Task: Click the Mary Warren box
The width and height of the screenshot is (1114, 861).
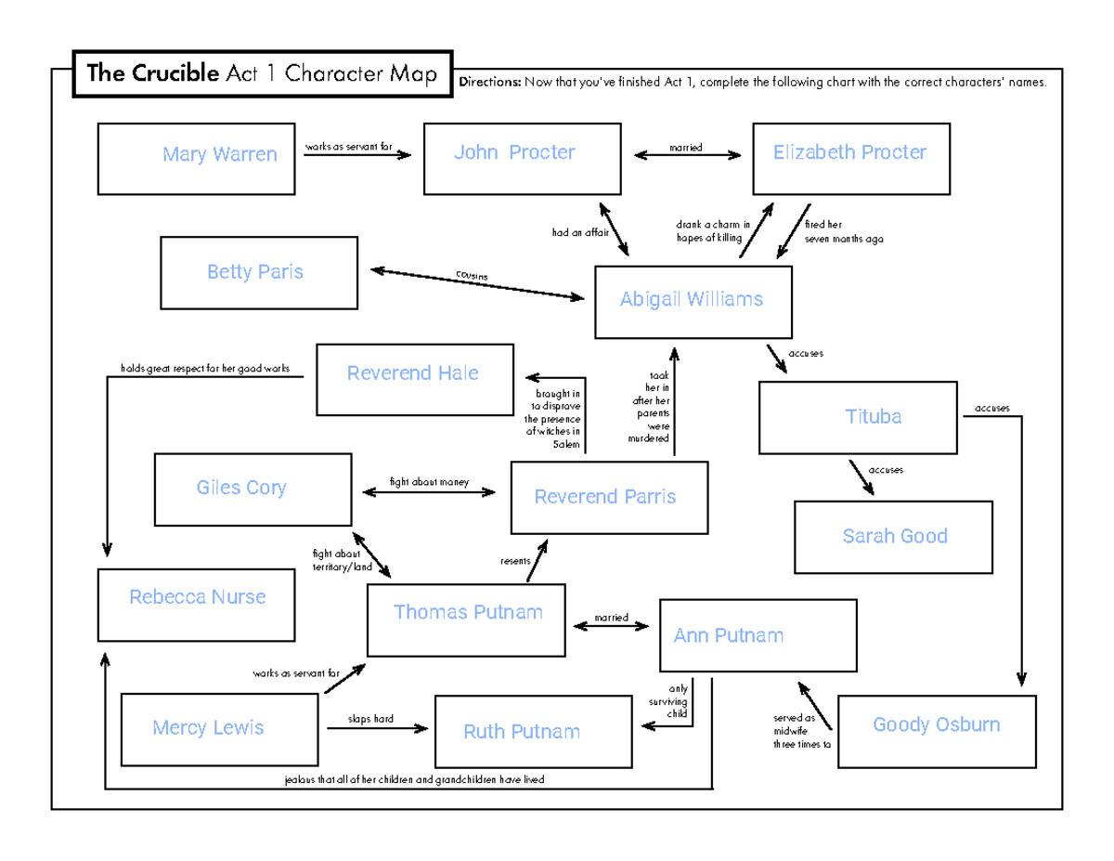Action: click(x=197, y=160)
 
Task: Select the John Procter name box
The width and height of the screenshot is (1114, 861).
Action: click(x=523, y=159)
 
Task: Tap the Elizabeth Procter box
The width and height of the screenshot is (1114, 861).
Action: click(x=851, y=159)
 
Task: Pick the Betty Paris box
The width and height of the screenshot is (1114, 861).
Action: click(x=259, y=272)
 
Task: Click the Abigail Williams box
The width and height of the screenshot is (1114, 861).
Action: click(x=693, y=302)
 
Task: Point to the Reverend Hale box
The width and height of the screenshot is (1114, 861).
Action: click(x=414, y=379)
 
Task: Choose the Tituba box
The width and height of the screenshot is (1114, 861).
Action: click(x=858, y=417)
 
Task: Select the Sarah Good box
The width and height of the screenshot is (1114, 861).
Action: click(x=893, y=537)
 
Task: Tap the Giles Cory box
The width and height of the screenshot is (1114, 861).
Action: click(x=253, y=489)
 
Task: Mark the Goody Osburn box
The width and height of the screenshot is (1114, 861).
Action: click(x=936, y=731)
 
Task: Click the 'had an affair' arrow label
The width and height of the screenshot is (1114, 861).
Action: click(x=579, y=233)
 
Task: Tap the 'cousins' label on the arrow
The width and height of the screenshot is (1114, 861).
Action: click(x=471, y=277)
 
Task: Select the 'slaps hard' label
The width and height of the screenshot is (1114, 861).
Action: click(x=371, y=719)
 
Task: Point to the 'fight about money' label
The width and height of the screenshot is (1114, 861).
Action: click(x=429, y=482)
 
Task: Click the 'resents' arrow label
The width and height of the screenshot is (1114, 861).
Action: click(x=514, y=561)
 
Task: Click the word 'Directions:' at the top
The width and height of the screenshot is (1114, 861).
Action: click(x=490, y=83)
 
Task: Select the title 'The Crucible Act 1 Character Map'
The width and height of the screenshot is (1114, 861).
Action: click(x=261, y=74)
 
